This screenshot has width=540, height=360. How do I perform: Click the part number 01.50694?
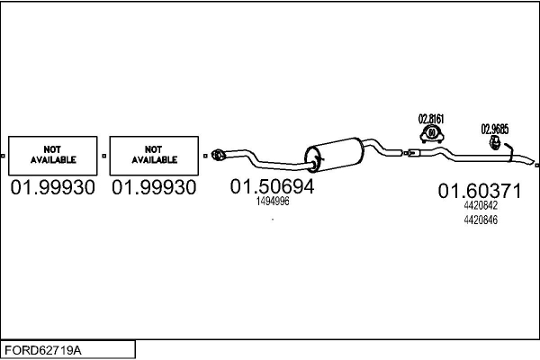pyautogui.click(x=273, y=187)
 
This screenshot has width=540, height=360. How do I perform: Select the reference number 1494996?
pyautogui.click(x=273, y=202)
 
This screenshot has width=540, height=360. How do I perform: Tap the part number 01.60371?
pyautogui.click(x=480, y=191)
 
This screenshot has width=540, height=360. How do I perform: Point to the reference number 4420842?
pyautogui.click(x=480, y=205)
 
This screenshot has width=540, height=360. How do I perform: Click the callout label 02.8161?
pyautogui.click(x=431, y=118)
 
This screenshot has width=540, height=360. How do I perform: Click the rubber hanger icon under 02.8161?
pyautogui.click(x=431, y=135)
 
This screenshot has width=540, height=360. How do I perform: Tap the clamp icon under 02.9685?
pyautogui.click(x=495, y=143)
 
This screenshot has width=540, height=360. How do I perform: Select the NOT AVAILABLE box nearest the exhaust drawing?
pyautogui.click(x=154, y=154)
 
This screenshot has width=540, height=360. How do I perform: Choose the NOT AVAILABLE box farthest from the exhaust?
pyautogui.click(x=53, y=154)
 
